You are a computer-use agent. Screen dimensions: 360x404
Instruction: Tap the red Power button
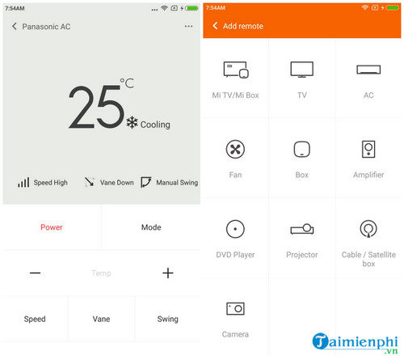click(x=51, y=227)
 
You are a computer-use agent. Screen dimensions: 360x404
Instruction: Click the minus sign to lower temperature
click(x=35, y=273)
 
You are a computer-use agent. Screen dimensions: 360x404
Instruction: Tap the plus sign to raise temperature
click(x=168, y=273)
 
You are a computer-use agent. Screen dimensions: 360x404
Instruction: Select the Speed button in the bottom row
click(x=35, y=319)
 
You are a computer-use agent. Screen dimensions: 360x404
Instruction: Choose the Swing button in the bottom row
click(x=167, y=319)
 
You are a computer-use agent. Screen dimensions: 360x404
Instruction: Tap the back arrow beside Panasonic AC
click(x=15, y=27)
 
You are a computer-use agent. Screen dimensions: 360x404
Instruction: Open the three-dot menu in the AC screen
click(x=188, y=27)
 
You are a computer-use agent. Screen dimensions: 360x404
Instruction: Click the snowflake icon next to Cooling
click(x=132, y=123)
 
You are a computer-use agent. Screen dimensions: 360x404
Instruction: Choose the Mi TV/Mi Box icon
click(x=235, y=70)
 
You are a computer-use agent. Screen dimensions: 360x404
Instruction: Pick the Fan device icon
click(x=235, y=149)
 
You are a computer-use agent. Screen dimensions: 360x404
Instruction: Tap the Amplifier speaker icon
click(x=368, y=149)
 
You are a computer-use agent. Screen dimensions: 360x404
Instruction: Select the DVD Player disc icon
click(x=235, y=228)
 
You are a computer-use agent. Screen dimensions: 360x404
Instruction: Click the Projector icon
click(x=301, y=229)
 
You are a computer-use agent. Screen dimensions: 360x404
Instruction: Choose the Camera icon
click(x=235, y=308)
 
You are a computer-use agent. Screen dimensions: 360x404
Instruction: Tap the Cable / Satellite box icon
click(x=368, y=229)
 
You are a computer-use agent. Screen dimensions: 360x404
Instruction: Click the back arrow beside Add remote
click(x=215, y=26)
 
